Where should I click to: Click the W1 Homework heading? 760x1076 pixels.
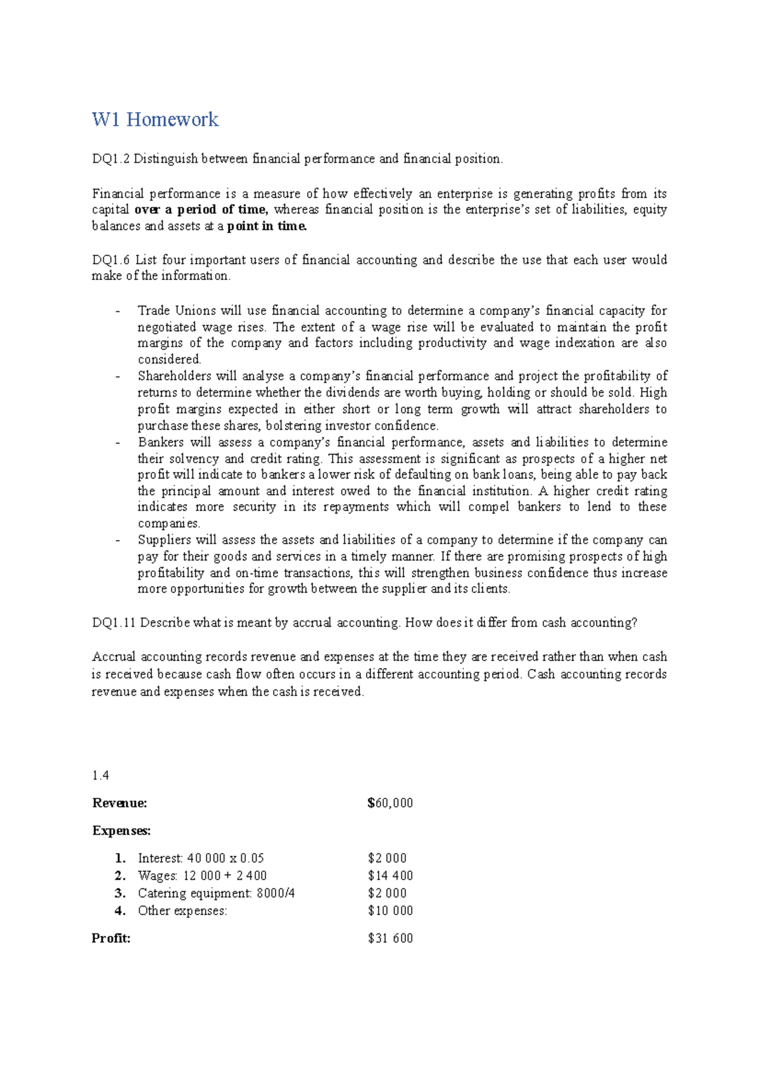point(155,119)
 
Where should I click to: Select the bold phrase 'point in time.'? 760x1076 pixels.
point(267,226)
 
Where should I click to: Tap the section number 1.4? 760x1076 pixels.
point(101,776)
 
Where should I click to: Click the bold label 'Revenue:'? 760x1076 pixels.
point(120,803)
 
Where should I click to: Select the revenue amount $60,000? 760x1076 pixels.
point(390,803)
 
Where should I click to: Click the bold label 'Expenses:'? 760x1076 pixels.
point(122,831)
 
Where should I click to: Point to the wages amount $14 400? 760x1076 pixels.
point(390,876)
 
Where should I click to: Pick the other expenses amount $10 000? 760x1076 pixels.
point(390,911)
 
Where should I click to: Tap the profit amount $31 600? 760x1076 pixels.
point(390,938)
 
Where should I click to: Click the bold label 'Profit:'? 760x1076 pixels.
point(111,938)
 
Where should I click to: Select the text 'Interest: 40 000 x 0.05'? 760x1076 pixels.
point(201,859)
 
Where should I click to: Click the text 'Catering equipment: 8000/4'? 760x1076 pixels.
point(217,893)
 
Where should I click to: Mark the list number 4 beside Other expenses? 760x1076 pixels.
point(120,911)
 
